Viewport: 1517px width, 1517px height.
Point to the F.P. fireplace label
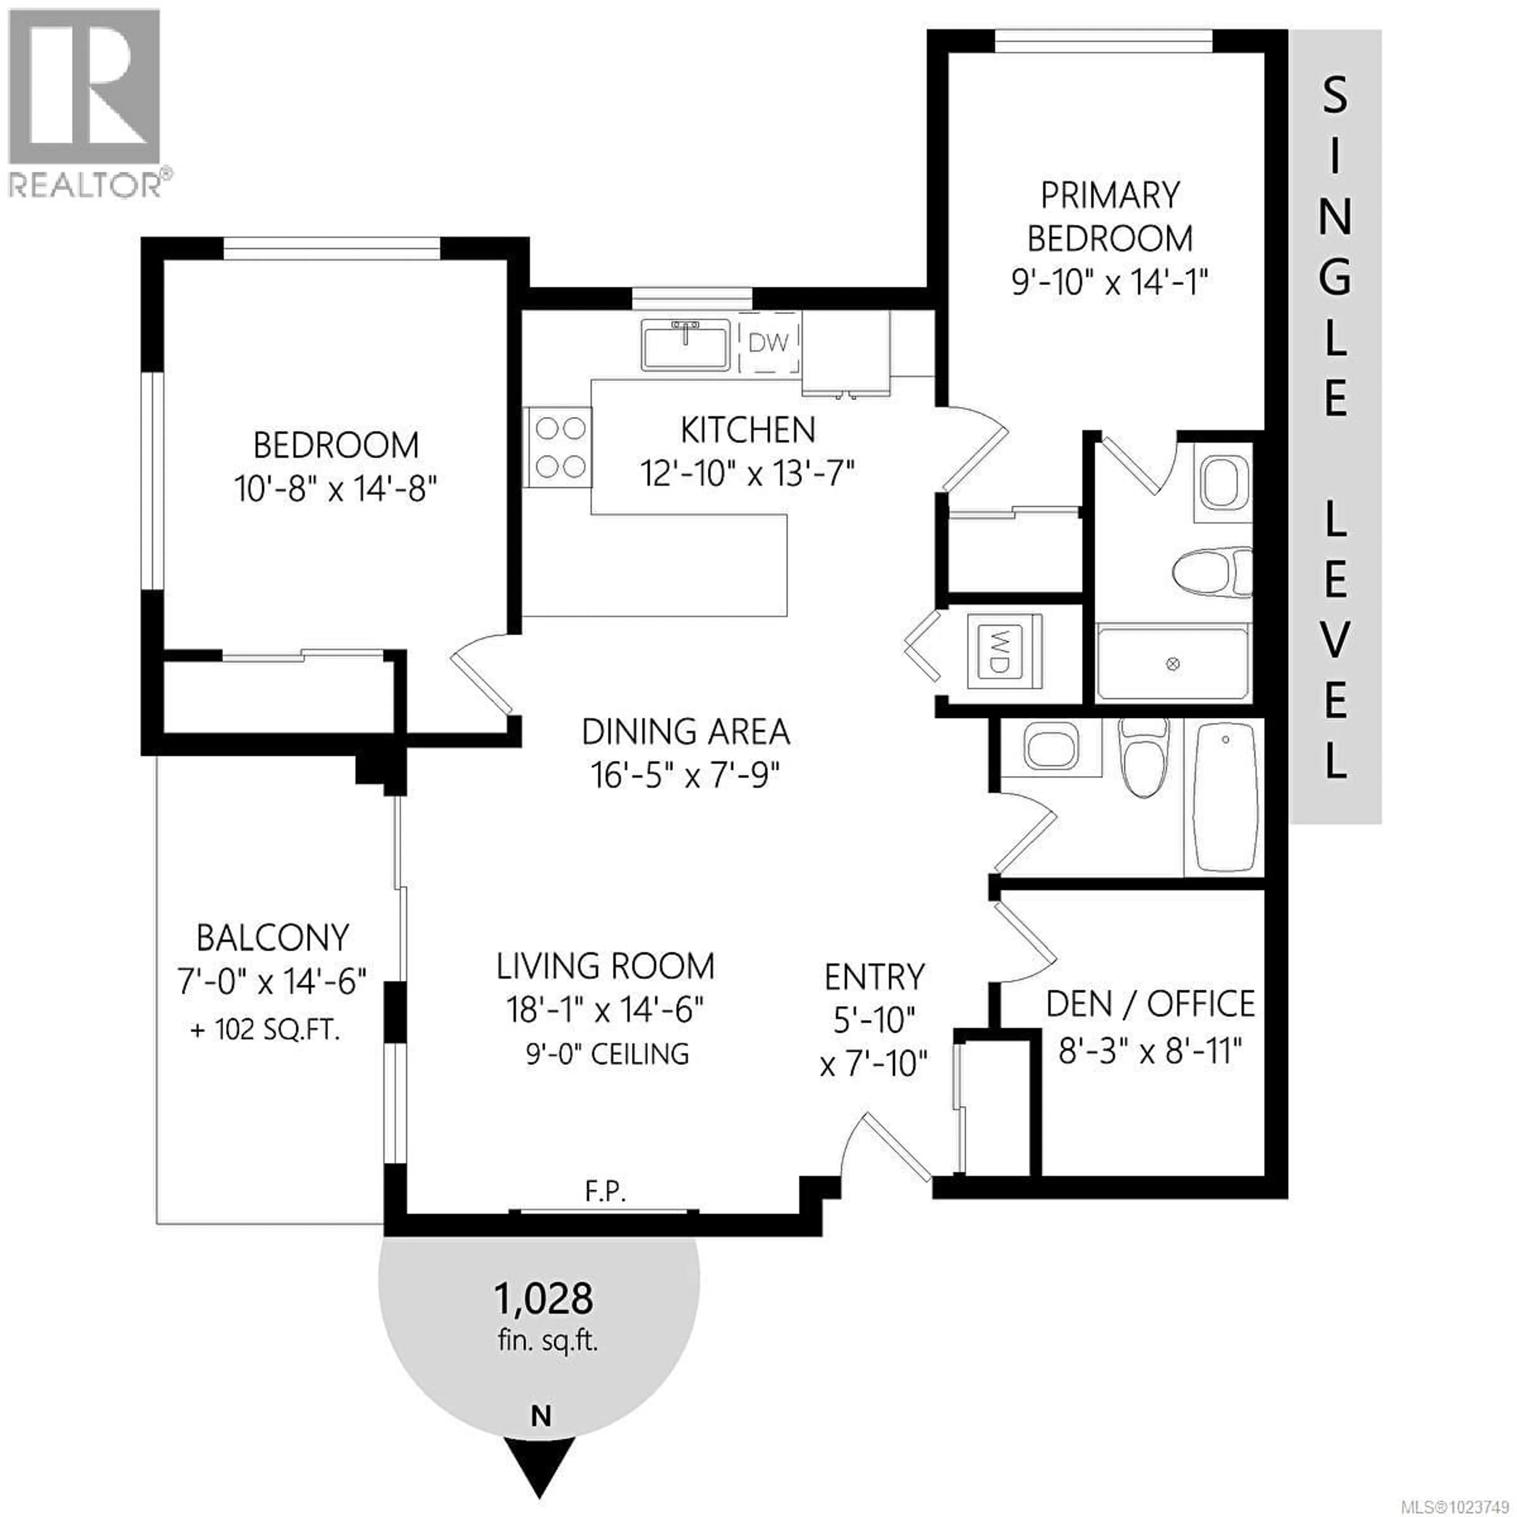click(x=605, y=1193)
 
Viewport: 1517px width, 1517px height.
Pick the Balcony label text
click(x=273, y=937)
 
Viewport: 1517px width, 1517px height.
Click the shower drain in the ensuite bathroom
click(x=1173, y=664)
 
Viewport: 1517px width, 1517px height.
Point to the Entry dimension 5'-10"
click(x=874, y=1021)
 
